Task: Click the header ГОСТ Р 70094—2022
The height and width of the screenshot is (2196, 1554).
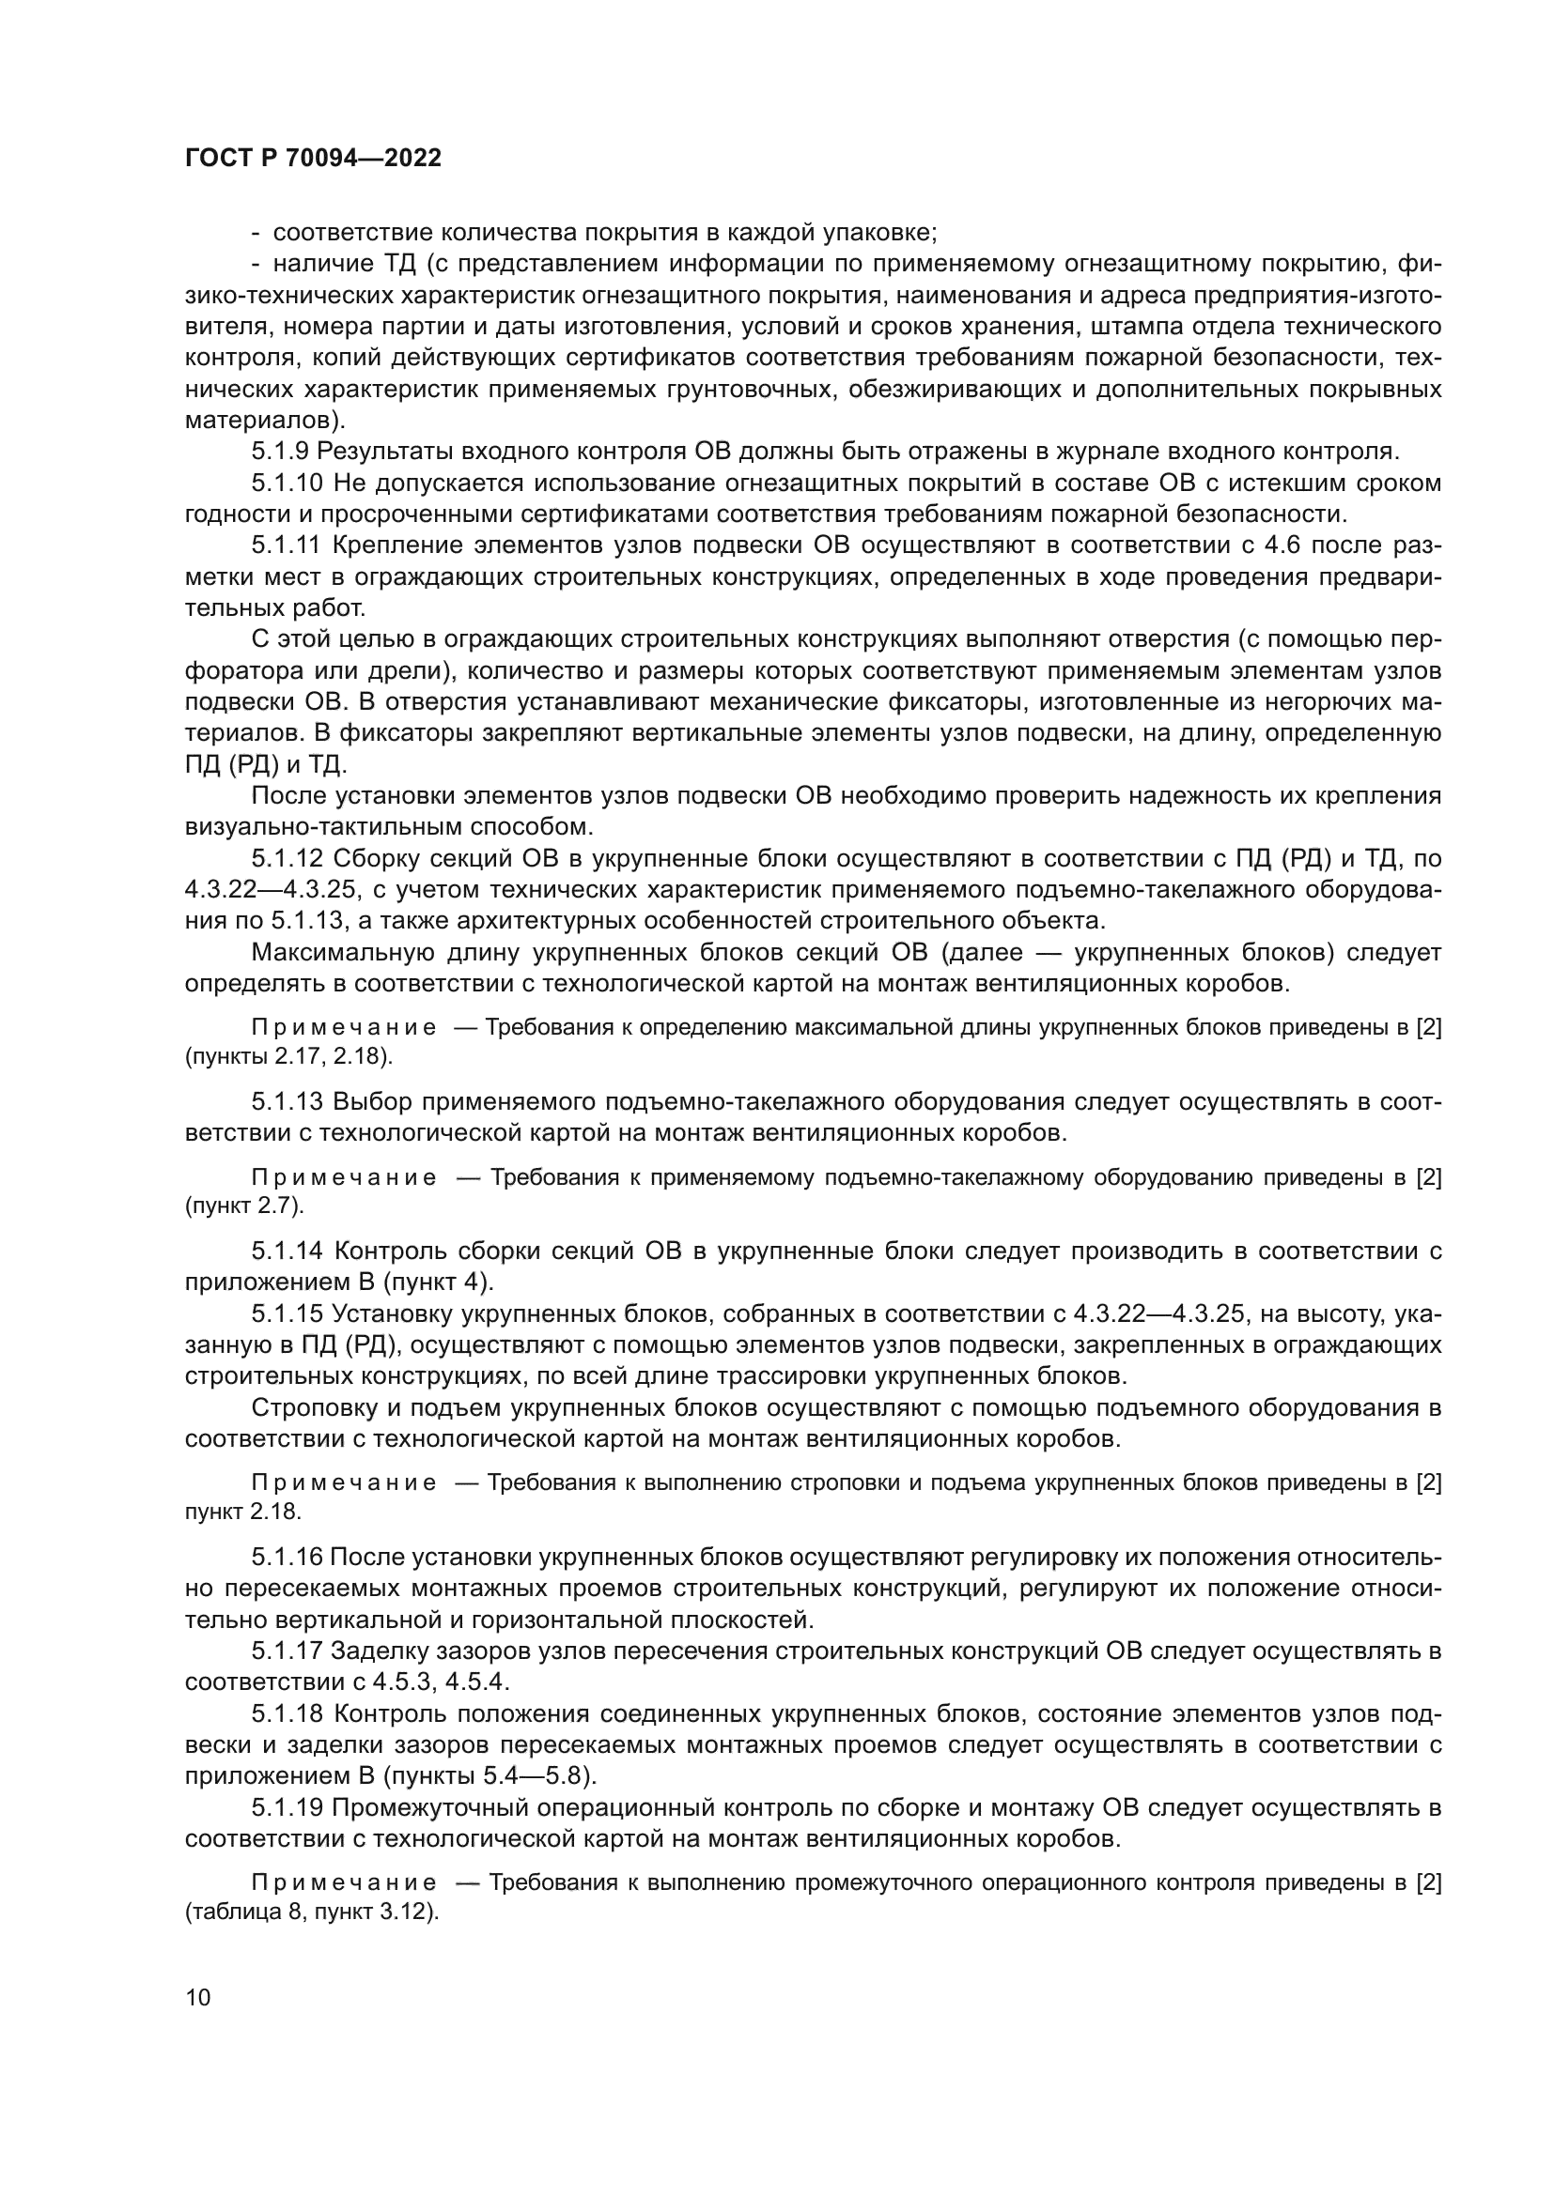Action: point(313,159)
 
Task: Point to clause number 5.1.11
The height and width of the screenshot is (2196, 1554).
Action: point(287,545)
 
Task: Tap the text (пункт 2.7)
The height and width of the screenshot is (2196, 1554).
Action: point(244,1206)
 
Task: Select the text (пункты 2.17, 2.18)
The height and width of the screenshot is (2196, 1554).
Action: point(289,1057)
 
